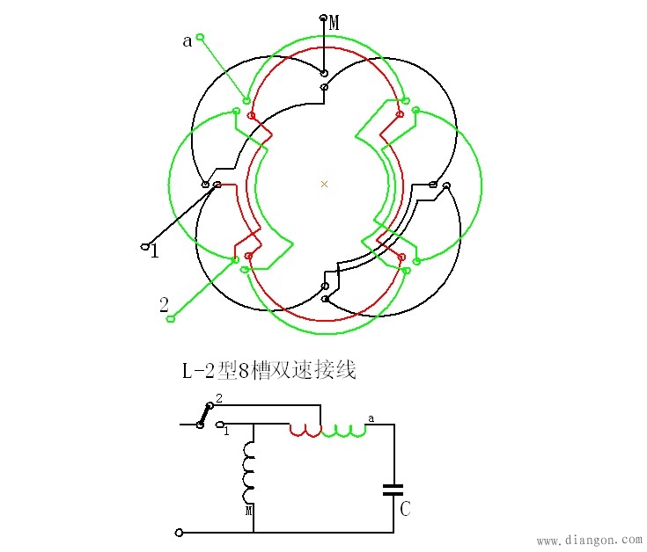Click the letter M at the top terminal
coord(335,24)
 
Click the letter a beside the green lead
coord(187,41)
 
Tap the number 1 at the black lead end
coord(155,251)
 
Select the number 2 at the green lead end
coord(164,305)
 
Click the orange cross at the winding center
coord(324,184)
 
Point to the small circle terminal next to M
coord(323,18)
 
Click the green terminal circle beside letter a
coord(201,36)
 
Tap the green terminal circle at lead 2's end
coord(171,318)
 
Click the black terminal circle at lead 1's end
coord(145,247)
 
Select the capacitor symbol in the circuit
coord(393,489)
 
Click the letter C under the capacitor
coord(405,509)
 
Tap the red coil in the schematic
coord(305,430)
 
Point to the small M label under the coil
coord(249,509)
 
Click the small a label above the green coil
coord(371,419)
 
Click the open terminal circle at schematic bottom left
coord(180,532)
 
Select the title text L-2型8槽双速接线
coord(268,371)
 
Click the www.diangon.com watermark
coord(589,540)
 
